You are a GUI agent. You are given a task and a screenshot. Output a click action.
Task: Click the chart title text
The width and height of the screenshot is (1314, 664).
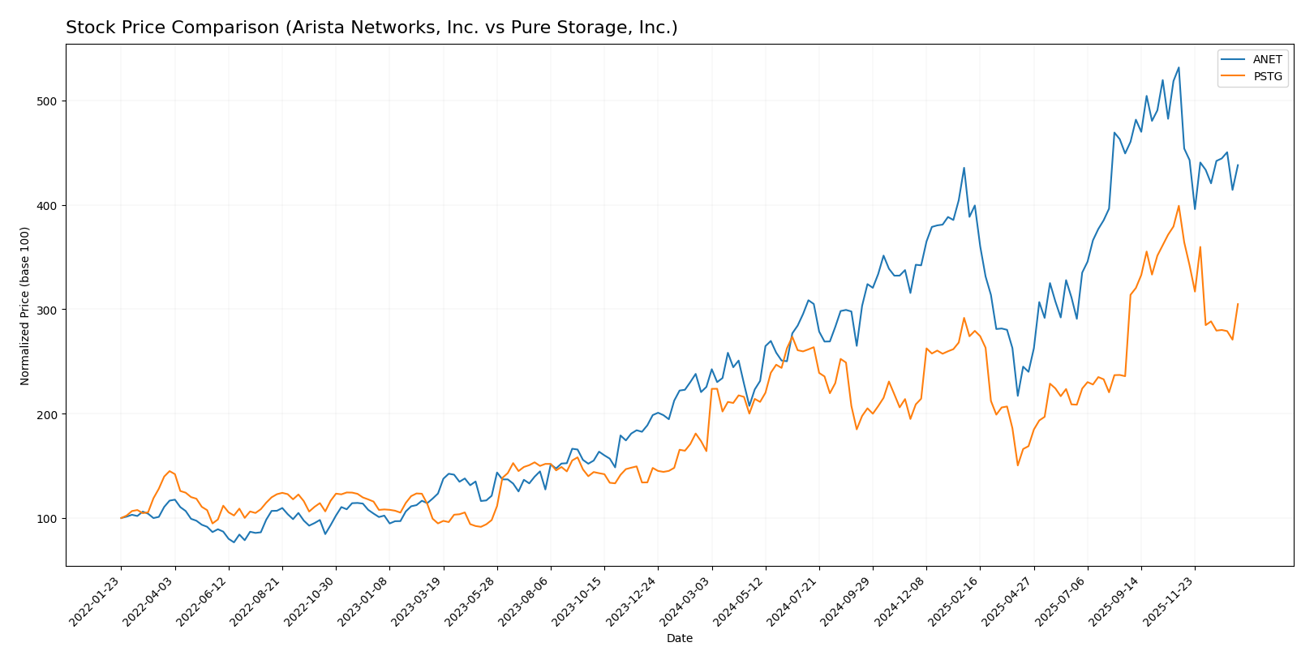click(x=371, y=28)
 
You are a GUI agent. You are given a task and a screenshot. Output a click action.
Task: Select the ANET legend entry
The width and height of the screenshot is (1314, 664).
click(x=1267, y=60)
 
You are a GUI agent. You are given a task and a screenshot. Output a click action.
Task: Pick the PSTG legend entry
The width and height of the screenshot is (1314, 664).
click(x=1267, y=77)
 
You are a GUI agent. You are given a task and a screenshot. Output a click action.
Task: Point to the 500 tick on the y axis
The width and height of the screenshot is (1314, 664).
click(x=50, y=101)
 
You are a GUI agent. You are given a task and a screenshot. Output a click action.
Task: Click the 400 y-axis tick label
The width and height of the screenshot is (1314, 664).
click(x=50, y=206)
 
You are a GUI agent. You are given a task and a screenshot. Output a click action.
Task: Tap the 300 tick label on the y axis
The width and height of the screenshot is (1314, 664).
click(x=50, y=310)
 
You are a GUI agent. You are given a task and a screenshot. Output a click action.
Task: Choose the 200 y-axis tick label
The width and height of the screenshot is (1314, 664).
click(x=50, y=414)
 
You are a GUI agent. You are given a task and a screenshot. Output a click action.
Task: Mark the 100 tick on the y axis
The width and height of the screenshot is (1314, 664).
click(x=50, y=519)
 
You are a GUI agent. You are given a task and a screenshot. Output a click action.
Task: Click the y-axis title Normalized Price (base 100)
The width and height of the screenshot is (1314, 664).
click(x=25, y=306)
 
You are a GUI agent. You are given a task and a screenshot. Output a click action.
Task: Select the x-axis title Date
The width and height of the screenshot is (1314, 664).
click(x=679, y=639)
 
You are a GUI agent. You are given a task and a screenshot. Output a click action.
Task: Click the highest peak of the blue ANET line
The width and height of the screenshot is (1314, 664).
click(x=1179, y=67)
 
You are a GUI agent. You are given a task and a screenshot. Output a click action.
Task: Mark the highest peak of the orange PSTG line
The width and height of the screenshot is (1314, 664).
click(x=1179, y=206)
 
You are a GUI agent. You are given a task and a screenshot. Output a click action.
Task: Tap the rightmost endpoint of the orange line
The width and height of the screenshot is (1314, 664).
click(x=1238, y=304)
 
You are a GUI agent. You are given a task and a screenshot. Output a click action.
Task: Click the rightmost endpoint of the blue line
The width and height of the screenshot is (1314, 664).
click(x=1238, y=165)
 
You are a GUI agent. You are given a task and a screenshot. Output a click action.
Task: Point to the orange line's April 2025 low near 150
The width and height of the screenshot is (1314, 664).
click(x=1018, y=465)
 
